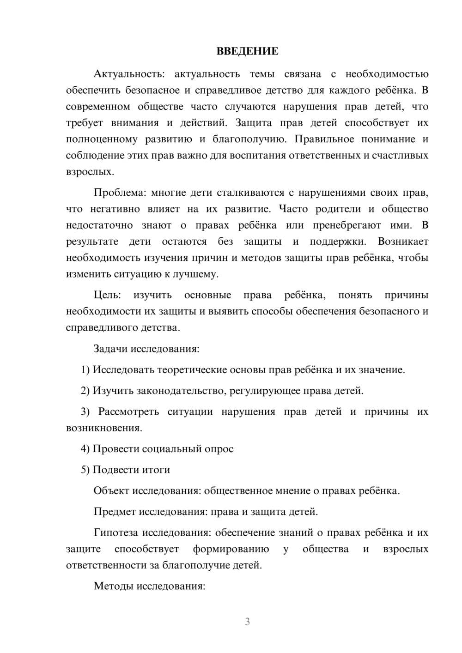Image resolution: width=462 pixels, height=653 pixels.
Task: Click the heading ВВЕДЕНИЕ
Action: (247, 52)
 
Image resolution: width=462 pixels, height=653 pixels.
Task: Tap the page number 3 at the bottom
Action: (247, 622)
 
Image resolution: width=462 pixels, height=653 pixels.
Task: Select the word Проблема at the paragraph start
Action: (120, 193)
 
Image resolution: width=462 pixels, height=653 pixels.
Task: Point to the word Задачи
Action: (111, 349)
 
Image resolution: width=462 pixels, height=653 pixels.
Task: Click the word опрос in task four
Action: (219, 449)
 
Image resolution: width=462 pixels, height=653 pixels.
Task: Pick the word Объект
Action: (111, 490)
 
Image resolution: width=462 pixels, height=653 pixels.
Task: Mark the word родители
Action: (338, 209)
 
